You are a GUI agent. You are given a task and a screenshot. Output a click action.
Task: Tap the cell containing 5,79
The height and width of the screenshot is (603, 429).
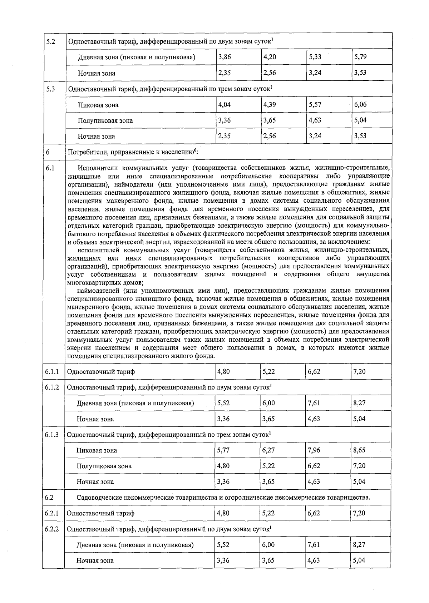[x=360, y=57]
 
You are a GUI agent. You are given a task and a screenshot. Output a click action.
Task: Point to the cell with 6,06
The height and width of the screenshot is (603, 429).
[x=360, y=104]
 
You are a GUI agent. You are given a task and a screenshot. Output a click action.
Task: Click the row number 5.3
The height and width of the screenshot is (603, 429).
[x=51, y=89]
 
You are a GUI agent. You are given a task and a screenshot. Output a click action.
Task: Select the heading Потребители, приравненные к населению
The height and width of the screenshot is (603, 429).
[x=132, y=152]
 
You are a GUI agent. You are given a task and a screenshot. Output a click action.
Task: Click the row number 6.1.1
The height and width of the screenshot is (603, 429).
[x=52, y=371]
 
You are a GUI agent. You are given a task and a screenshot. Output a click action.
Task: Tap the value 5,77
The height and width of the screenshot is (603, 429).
[x=223, y=450]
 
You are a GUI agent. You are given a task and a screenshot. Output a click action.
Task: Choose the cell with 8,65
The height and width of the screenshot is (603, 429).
[x=359, y=450]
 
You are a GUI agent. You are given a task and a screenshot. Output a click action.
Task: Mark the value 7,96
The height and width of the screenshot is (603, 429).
[x=314, y=450]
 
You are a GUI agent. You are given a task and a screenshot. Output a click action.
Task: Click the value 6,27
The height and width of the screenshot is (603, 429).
[x=268, y=450]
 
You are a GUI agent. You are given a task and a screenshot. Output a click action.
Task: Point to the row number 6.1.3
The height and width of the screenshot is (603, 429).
[x=52, y=434]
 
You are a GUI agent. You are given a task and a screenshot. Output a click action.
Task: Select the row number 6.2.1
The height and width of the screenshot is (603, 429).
[x=52, y=513]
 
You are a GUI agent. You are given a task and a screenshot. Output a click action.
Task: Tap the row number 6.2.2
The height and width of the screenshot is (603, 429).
[x=52, y=529]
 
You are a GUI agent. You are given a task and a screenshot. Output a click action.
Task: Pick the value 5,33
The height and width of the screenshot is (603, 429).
[x=315, y=57]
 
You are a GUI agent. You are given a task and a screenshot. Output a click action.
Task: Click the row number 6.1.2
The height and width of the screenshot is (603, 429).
[x=52, y=387]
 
